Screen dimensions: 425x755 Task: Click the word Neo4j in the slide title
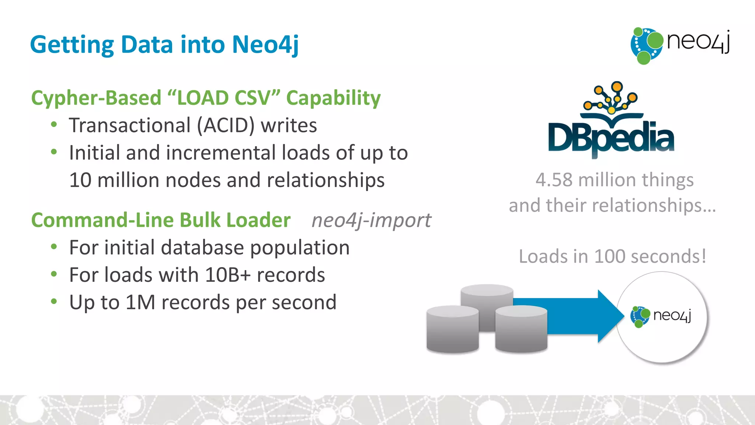click(x=265, y=45)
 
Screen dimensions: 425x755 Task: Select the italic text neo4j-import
click(x=371, y=221)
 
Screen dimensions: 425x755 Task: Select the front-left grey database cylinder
click(x=452, y=329)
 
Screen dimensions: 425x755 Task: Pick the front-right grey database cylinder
click(x=521, y=329)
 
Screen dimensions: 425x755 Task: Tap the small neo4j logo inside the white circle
click(x=661, y=316)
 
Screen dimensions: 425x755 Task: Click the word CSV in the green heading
click(x=253, y=98)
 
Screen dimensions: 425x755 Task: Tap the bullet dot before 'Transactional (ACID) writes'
click(x=54, y=125)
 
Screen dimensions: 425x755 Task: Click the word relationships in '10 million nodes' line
click(x=326, y=180)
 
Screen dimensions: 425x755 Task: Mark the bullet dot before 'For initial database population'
click(x=54, y=247)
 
